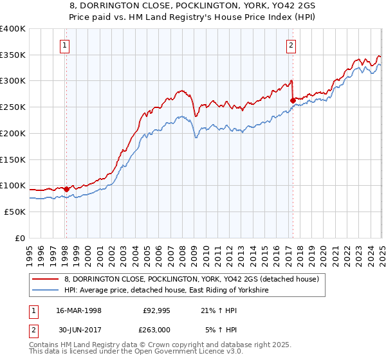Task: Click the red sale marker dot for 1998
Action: pyautogui.click(x=66, y=190)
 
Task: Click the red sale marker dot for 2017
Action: pyautogui.click(x=293, y=100)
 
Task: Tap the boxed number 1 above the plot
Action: pyautogui.click(x=66, y=45)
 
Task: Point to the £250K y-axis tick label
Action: pyautogui.click(x=12, y=107)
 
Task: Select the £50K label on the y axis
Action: pyautogui.click(x=15, y=212)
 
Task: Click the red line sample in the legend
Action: pyautogui.click(x=46, y=279)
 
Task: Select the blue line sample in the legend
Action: pyautogui.click(x=46, y=291)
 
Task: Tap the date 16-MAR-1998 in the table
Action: pyautogui.click(x=79, y=310)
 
